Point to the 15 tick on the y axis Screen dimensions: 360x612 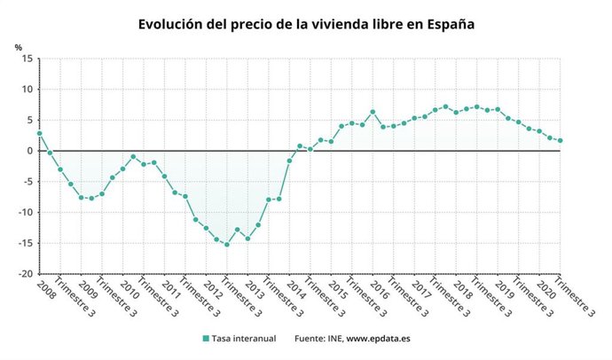[27, 59]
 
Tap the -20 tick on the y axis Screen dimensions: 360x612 [25, 274]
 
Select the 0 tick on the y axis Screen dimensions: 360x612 [29, 151]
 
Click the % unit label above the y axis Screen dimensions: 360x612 [18, 46]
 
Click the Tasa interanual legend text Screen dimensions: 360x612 [242, 338]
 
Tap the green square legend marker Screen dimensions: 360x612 [206, 338]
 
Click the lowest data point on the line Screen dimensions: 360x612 [226, 245]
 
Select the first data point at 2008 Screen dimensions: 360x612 [39, 133]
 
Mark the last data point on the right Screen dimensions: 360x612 [560, 140]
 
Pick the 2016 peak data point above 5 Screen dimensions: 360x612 [373, 112]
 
